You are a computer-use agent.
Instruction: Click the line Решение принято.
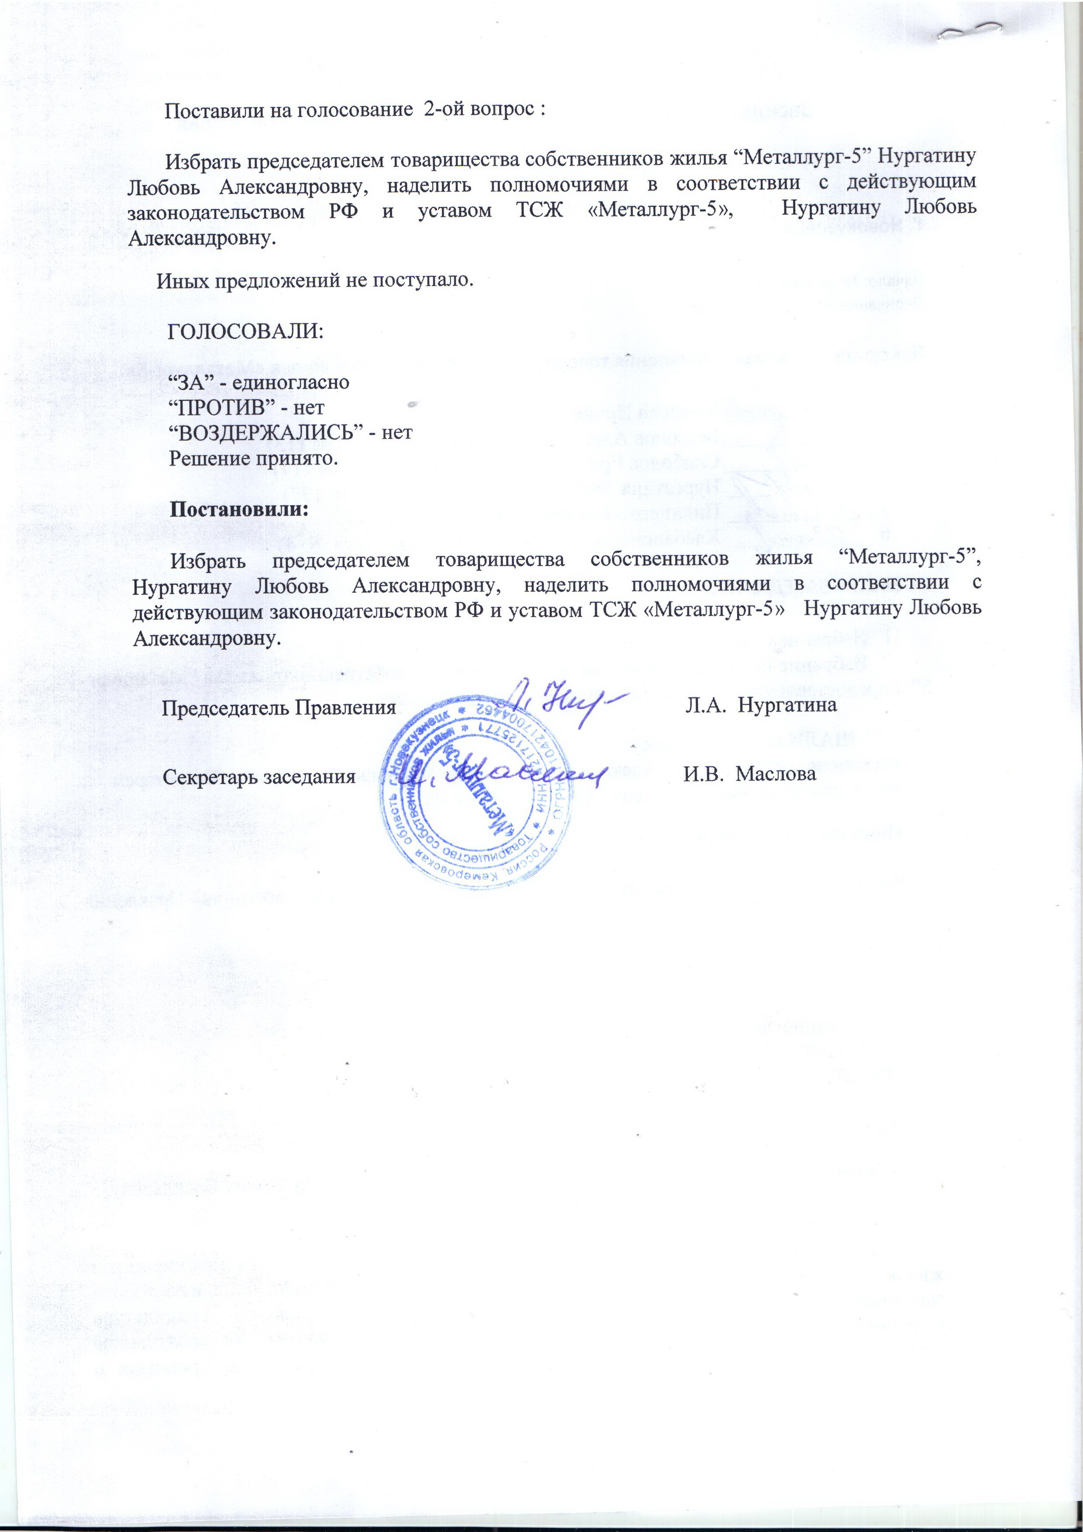(x=254, y=459)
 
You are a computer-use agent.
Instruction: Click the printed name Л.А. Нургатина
(x=761, y=704)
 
